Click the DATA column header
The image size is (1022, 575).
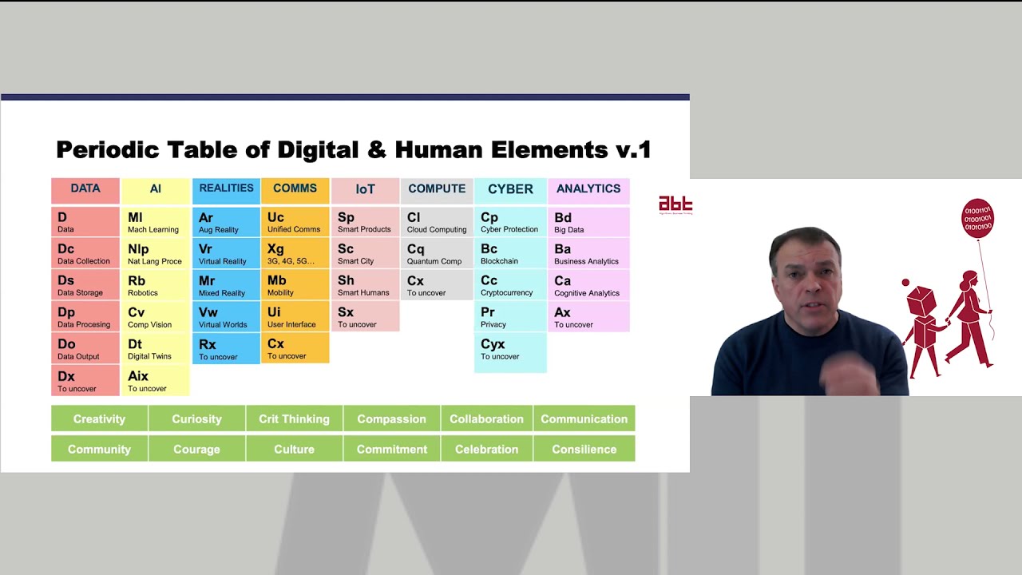pyautogui.click(x=85, y=190)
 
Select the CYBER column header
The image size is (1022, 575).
pyautogui.click(x=510, y=190)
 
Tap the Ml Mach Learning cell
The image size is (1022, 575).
pyautogui.click(x=155, y=222)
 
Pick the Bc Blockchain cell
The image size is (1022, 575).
pyautogui.click(x=509, y=254)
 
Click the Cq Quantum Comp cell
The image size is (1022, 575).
pyautogui.click(x=436, y=254)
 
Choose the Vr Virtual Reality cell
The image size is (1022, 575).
pyautogui.click(x=226, y=254)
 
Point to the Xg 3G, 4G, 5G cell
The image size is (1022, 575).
pyautogui.click(x=295, y=254)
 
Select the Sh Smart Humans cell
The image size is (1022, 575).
pyautogui.click(x=365, y=286)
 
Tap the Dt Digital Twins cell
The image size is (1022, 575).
pyautogui.click(x=155, y=349)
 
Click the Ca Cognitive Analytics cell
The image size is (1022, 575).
pyautogui.click(x=588, y=286)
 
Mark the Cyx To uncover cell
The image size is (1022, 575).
pyautogui.click(x=509, y=352)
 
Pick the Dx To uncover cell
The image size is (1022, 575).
pyautogui.click(x=85, y=381)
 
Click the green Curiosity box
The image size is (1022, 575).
pyautogui.click(x=196, y=418)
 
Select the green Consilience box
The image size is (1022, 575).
pyautogui.click(x=584, y=449)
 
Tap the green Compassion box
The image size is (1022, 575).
pyautogui.click(x=391, y=418)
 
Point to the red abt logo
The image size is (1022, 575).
pyautogui.click(x=675, y=204)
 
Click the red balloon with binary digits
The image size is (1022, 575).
pyautogui.click(x=977, y=218)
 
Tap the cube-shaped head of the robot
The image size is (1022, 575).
pyautogui.click(x=920, y=301)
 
